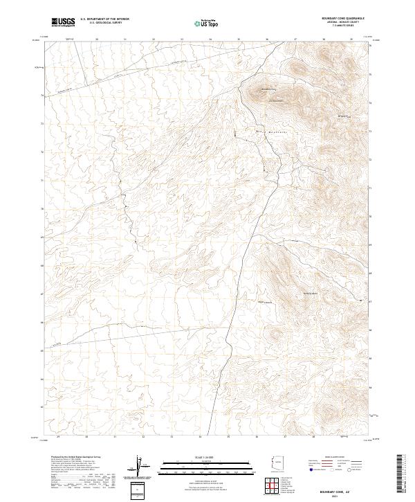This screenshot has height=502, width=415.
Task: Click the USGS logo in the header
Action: [64, 22]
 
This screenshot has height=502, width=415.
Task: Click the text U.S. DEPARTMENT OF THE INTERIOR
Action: [104, 20]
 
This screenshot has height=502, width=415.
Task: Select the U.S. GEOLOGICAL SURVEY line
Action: [104, 24]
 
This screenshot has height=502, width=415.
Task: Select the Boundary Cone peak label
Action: [268, 89]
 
